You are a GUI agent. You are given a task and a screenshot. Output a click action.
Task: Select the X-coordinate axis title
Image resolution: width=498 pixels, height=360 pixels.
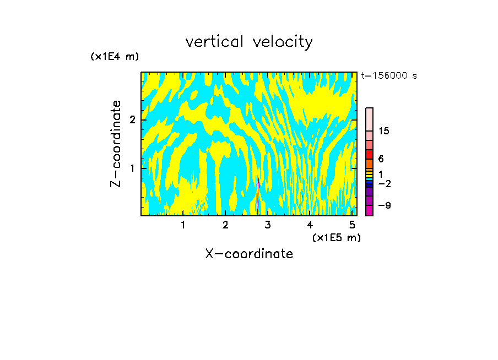249,254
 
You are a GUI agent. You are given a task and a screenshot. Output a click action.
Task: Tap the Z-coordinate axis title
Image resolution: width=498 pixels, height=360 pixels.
116,143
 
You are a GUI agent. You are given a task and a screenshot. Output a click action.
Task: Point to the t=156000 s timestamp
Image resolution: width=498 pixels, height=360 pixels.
389,76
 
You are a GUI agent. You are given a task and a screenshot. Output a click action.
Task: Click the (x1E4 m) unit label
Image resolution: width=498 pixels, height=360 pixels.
115,57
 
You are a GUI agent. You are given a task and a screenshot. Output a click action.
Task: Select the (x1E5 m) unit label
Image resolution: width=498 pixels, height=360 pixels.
336,237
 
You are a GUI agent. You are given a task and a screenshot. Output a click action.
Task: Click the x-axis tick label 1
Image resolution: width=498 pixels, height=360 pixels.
183,225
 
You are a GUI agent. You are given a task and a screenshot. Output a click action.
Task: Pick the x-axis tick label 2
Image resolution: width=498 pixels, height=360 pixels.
225,225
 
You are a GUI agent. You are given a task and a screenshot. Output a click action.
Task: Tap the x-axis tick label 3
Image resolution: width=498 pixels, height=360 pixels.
268,225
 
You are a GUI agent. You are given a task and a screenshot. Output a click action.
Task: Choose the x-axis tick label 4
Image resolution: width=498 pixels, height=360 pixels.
310,225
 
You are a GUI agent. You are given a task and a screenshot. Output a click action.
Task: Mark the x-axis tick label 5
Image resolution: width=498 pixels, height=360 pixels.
352,225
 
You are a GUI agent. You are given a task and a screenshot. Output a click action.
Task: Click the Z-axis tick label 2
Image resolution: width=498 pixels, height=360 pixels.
129,120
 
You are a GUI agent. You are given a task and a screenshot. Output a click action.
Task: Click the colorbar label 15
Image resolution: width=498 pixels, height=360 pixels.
384,131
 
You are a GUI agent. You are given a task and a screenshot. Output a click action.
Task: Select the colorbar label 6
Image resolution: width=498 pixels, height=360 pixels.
381,159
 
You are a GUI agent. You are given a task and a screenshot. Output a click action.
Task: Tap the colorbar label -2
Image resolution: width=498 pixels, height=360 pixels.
384,183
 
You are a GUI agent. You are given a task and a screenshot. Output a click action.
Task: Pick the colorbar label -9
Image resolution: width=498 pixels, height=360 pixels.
384,205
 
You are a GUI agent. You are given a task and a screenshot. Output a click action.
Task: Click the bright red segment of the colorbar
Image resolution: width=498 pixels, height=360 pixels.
369,154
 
